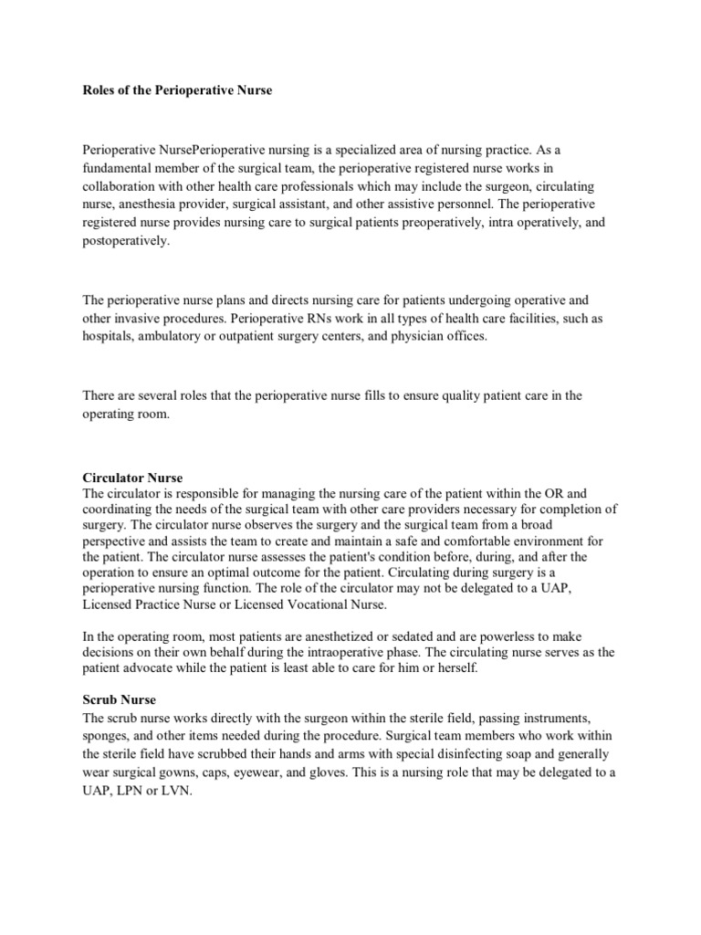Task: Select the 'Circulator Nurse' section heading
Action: pos(132,478)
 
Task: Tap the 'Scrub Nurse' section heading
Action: pos(119,699)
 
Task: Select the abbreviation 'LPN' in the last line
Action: pos(131,793)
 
